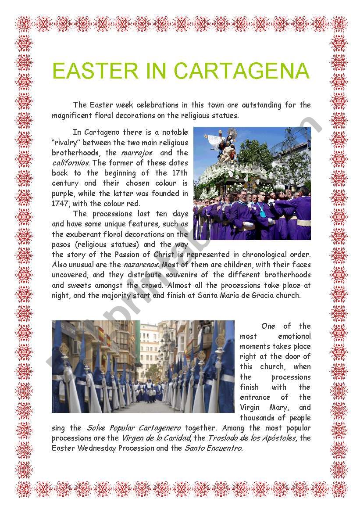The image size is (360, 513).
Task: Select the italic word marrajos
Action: coord(137,153)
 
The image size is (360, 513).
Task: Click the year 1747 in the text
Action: coord(60,204)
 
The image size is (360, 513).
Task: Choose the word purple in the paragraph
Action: coord(63,194)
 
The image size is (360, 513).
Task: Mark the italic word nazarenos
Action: coord(140,265)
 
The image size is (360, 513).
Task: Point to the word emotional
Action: coord(294,336)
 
